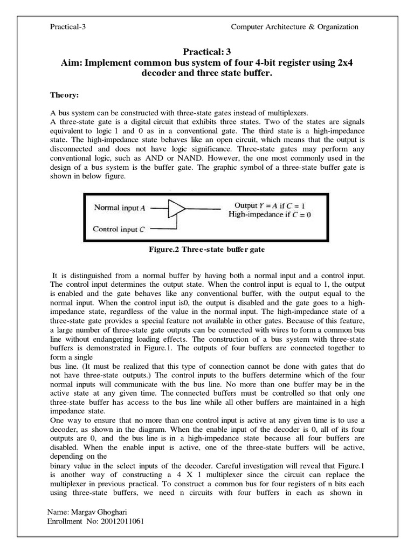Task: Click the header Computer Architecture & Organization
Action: (294, 27)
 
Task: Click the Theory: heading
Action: (65, 95)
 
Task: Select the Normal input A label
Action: (120, 207)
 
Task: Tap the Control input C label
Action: (119, 229)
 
